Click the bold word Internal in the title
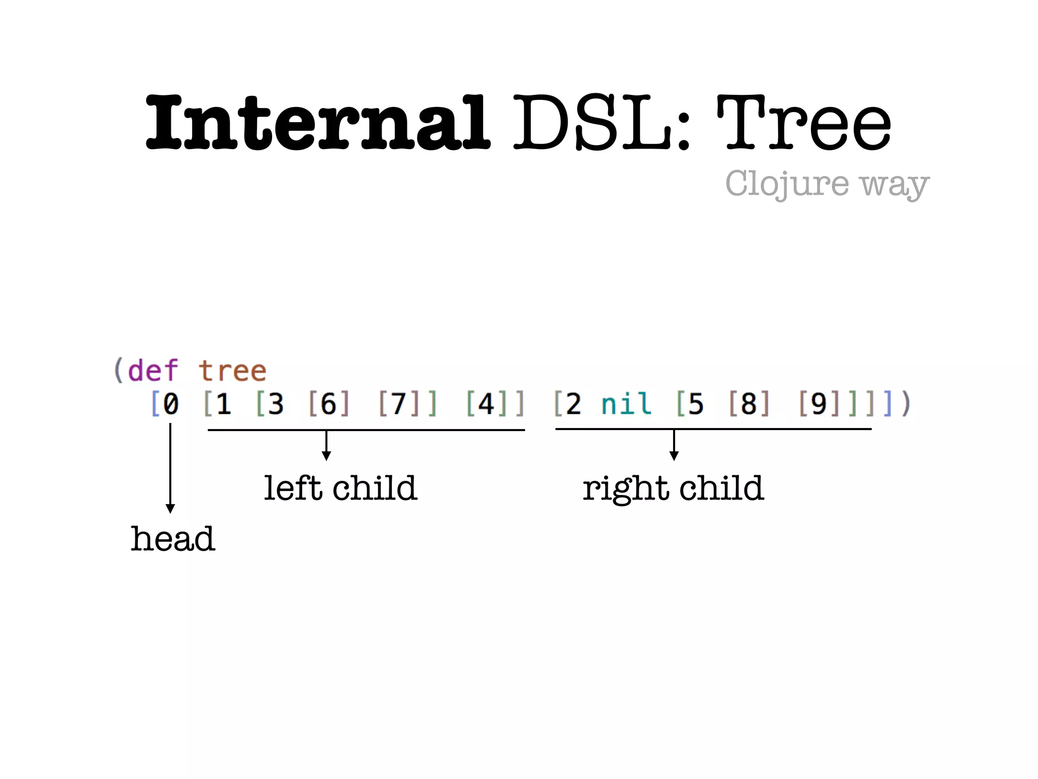[318, 123]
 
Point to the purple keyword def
[153, 370]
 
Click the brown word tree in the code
[232, 370]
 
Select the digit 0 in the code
[171, 404]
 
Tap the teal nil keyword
[626, 404]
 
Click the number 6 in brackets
[328, 404]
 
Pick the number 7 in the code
[399, 404]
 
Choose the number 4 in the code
[486, 404]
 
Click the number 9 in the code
[819, 404]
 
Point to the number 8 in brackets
[749, 404]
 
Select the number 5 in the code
[696, 404]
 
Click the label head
[173, 539]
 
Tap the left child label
[340, 488]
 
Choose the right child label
[673, 488]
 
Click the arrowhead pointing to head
[170, 509]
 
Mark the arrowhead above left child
[326, 456]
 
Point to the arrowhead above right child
[674, 456]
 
